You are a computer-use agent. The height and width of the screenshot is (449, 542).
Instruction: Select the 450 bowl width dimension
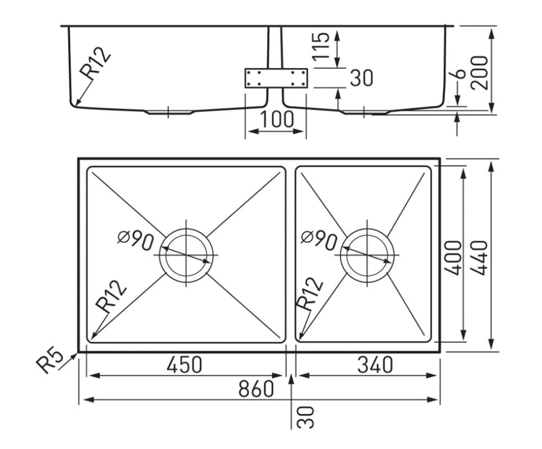(184, 365)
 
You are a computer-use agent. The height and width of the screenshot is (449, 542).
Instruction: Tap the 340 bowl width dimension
(375, 365)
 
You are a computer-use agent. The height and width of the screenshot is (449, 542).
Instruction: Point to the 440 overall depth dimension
(480, 257)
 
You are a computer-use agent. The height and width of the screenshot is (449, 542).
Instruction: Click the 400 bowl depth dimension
(454, 257)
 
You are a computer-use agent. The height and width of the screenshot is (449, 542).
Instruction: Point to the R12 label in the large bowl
(111, 296)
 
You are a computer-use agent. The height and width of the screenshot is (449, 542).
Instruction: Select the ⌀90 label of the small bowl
(319, 240)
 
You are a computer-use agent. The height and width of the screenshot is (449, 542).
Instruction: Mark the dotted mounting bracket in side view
(276, 78)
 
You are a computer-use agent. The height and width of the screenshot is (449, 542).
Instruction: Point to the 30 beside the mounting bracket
(360, 78)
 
